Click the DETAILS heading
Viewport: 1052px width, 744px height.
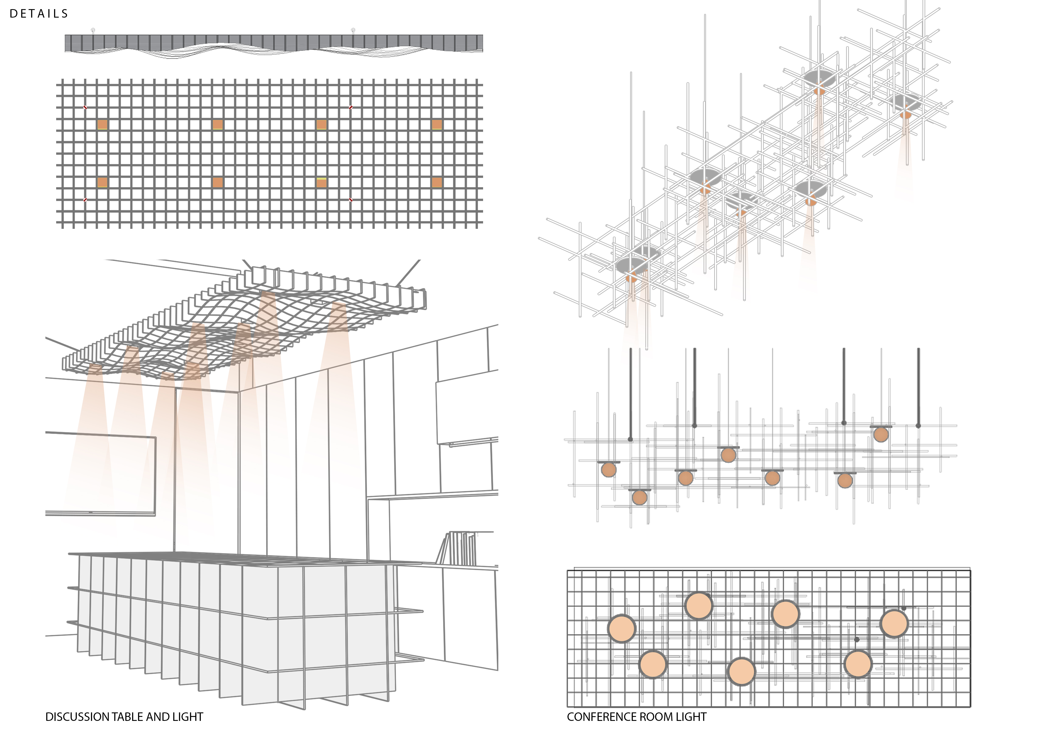(x=39, y=14)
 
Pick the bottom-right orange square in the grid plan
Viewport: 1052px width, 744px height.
(x=437, y=182)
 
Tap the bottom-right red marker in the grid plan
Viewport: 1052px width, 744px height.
(x=351, y=200)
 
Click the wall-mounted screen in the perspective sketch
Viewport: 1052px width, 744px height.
(x=101, y=474)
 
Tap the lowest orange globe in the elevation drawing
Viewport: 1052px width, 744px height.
(x=640, y=498)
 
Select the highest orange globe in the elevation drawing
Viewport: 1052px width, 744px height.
(x=881, y=434)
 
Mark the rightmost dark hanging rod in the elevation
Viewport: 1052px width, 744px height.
(x=918, y=387)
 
